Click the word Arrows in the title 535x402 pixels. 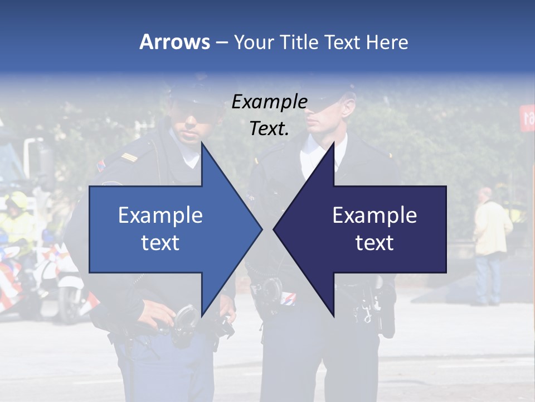click(174, 42)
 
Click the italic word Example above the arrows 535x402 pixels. click(269, 102)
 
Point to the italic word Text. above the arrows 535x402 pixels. click(269, 128)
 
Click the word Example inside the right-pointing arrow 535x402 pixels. click(160, 215)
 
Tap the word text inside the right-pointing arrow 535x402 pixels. click(160, 243)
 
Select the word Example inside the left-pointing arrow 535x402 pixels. click(374, 215)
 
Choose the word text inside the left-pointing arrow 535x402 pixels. click(374, 243)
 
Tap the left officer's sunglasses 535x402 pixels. click(196, 116)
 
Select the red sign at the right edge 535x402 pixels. click(527, 118)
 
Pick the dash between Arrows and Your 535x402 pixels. click(221, 42)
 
